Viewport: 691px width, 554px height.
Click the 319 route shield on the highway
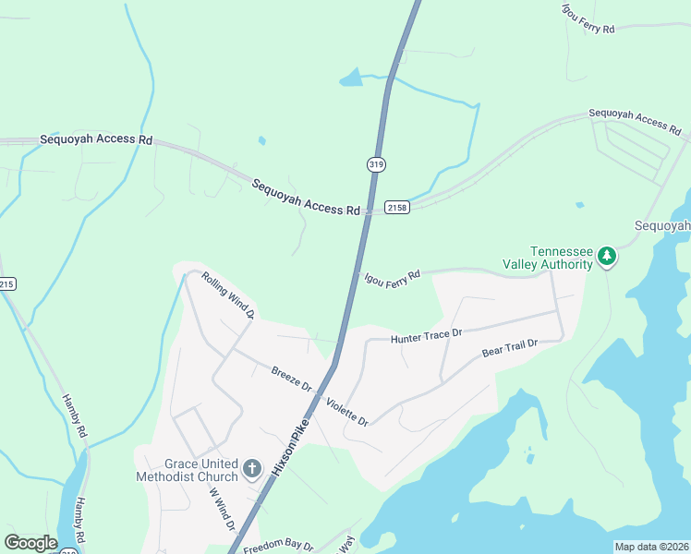(375, 163)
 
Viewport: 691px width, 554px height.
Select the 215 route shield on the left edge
(7, 283)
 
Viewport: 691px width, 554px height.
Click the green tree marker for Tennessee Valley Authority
(607, 256)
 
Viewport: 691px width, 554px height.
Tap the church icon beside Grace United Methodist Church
(251, 470)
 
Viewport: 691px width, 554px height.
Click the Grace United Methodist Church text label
(187, 470)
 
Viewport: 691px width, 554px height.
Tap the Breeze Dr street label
(292, 379)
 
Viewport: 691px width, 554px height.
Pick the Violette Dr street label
(346, 412)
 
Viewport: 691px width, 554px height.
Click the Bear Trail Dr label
(509, 349)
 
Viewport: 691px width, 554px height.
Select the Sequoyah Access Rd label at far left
(96, 139)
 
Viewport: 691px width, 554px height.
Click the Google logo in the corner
(30, 543)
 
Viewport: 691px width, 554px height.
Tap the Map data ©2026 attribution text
(650, 547)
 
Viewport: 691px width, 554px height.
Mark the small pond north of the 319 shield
(351, 78)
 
